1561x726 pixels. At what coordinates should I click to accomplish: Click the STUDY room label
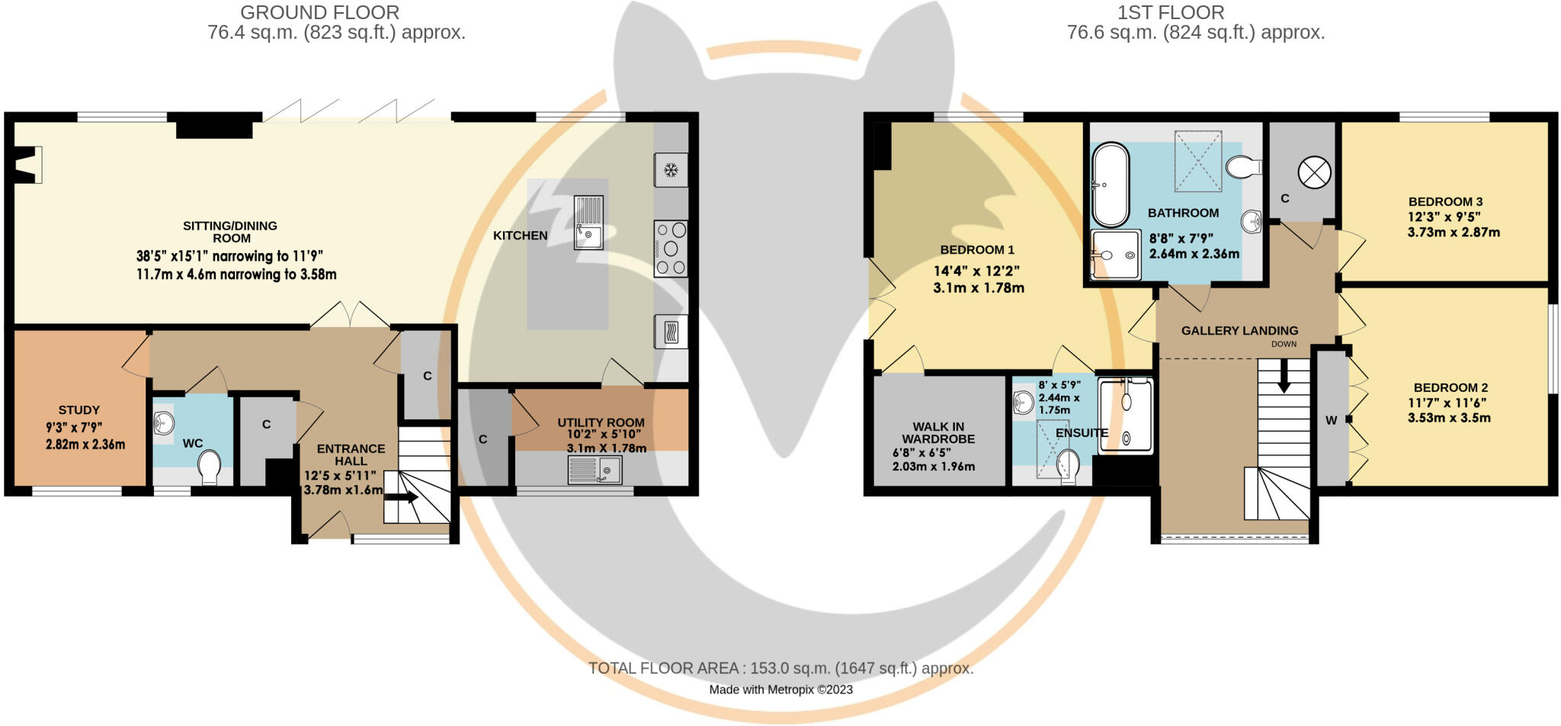79,410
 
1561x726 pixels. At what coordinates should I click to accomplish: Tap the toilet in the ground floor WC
209,466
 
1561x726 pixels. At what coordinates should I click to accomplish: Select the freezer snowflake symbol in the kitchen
671,170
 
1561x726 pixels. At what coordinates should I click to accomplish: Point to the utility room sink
595,471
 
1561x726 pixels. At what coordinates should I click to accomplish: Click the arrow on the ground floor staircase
403,497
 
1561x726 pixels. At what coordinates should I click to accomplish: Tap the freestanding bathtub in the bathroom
1111,184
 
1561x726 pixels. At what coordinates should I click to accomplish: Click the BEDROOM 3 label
1445,202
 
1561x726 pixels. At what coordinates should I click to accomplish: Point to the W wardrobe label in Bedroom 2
1331,420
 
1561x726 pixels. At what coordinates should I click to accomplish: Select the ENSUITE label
1081,433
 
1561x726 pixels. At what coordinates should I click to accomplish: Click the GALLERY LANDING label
1239,331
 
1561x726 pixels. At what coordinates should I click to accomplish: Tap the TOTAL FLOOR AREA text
780,669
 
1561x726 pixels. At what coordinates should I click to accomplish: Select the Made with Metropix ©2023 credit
780,690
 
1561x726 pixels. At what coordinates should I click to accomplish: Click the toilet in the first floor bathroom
1244,166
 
